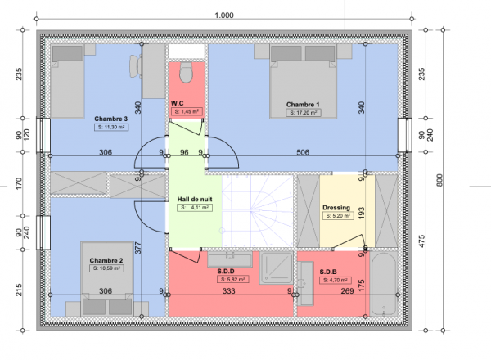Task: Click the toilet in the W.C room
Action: click(x=186, y=72)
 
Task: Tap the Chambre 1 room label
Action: click(x=303, y=105)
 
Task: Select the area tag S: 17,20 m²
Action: click(x=303, y=113)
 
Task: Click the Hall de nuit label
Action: click(x=195, y=199)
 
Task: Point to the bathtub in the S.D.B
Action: click(x=384, y=284)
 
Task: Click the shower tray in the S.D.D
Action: click(x=276, y=268)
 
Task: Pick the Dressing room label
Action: click(x=336, y=208)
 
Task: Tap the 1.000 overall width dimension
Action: click(x=224, y=15)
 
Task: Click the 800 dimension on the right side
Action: click(x=439, y=180)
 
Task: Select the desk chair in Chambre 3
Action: click(x=136, y=66)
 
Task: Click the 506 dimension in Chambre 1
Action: click(x=303, y=152)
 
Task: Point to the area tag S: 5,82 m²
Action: click(x=233, y=279)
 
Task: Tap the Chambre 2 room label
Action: click(x=106, y=260)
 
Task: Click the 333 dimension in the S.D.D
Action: click(x=229, y=290)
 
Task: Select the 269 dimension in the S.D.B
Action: click(x=347, y=291)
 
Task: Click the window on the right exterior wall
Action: click(x=405, y=135)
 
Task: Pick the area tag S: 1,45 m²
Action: click(x=187, y=111)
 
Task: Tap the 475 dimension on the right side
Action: click(x=421, y=241)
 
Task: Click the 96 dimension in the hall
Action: click(x=184, y=152)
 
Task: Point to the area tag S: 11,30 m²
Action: click(x=111, y=127)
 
